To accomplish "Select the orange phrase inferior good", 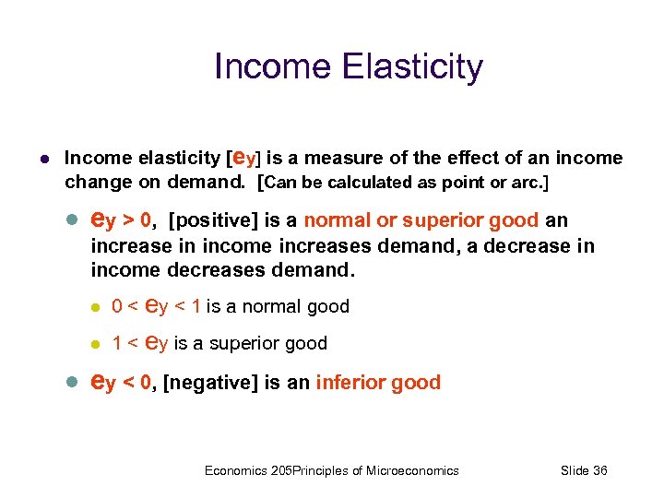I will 378,382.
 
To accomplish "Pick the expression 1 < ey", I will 139,343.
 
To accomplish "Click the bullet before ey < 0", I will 75,382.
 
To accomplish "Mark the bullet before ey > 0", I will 75,221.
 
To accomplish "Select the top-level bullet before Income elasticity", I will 43,160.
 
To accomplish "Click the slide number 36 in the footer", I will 599,470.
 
